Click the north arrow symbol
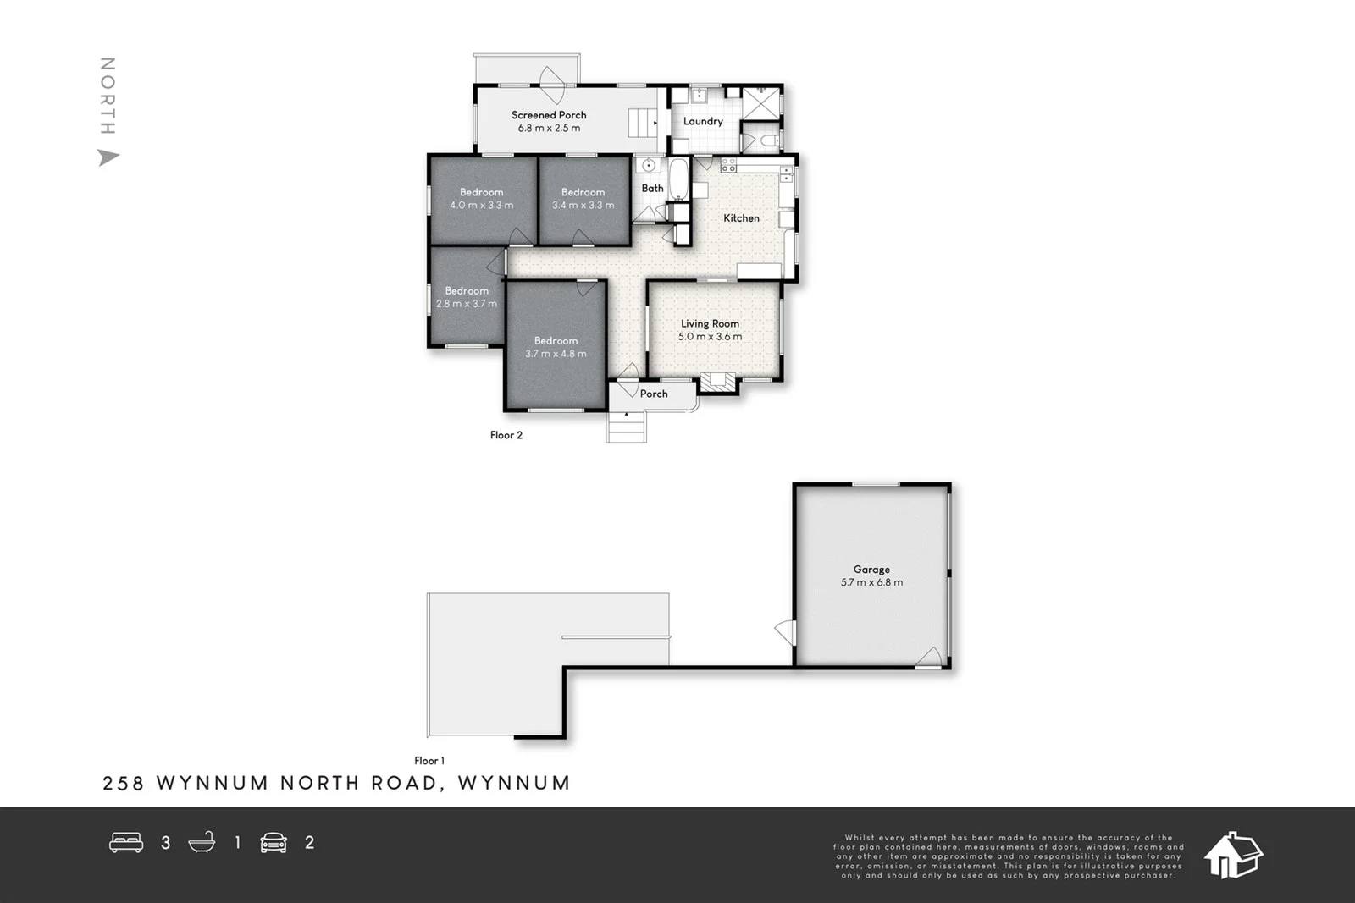pos(108,157)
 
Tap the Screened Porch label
pos(549,115)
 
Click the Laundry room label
pos(703,121)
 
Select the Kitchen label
pos(741,218)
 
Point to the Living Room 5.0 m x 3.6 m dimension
pos(710,337)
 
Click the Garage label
pos(871,570)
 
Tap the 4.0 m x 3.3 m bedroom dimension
pos(481,206)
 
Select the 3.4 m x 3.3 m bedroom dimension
pos(583,206)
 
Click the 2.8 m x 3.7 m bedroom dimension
pos(467,304)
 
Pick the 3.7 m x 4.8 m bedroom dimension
pos(556,354)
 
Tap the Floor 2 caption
pos(506,435)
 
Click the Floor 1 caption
pos(429,761)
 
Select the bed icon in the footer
pos(126,842)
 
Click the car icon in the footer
pos(274,842)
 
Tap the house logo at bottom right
pos(1233,855)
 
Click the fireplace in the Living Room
pos(718,383)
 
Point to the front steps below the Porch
pos(627,427)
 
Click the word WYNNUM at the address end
pos(514,783)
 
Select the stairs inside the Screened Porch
pos(643,124)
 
